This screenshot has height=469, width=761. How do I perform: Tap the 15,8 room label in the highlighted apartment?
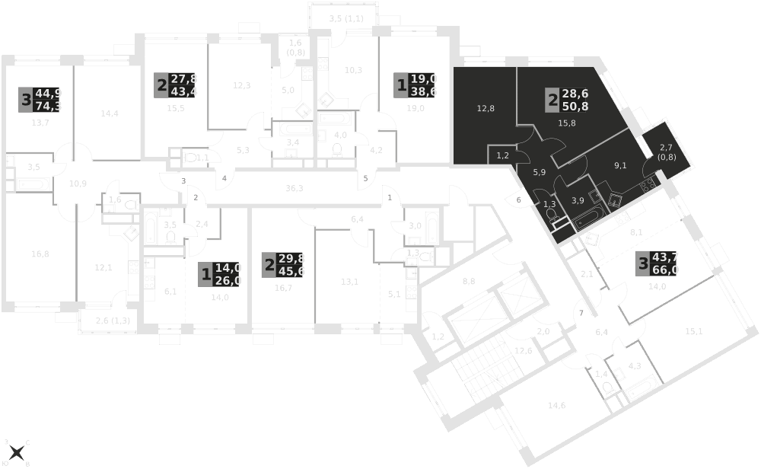(x=568, y=123)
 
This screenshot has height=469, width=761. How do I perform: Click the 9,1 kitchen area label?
(x=620, y=164)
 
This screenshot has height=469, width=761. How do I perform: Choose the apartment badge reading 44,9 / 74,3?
(x=40, y=100)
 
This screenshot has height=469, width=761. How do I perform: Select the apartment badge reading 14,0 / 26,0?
(x=219, y=273)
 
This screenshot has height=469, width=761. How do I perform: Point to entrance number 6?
(x=519, y=200)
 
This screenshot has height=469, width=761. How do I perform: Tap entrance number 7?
(x=581, y=314)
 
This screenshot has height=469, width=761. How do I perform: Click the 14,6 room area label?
(x=556, y=405)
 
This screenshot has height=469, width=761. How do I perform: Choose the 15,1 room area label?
(x=693, y=331)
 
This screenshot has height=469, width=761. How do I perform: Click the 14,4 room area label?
(x=110, y=114)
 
